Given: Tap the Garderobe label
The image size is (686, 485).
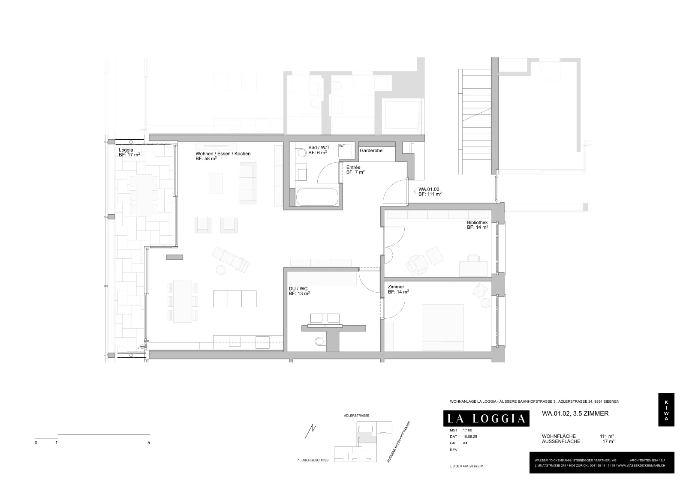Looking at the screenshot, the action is pyautogui.click(x=371, y=150).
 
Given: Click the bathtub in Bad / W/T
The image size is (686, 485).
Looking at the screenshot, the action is pyautogui.click(x=317, y=197).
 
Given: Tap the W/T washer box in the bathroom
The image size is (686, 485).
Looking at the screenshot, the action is pyautogui.click(x=345, y=150).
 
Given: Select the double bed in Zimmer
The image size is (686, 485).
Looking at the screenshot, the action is pyautogui.click(x=442, y=327).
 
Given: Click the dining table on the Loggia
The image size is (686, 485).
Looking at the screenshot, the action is pyautogui.click(x=144, y=195).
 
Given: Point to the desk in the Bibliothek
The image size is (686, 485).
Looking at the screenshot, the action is pyautogui.click(x=473, y=268).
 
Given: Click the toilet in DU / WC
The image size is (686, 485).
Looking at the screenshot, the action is pyautogui.click(x=320, y=341).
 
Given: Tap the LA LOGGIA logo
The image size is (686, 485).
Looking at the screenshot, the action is pyautogui.click(x=486, y=418).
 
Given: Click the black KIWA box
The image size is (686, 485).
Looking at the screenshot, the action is pyautogui.click(x=666, y=410).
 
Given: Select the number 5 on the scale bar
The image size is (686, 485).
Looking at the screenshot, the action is pyautogui.click(x=149, y=443).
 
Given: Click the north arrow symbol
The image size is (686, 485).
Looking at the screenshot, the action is pyautogui.click(x=310, y=431).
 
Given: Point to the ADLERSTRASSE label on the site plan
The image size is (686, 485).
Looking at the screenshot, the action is pyautogui.click(x=356, y=416).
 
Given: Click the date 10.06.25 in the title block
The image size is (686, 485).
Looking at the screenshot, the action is pyautogui.click(x=470, y=437).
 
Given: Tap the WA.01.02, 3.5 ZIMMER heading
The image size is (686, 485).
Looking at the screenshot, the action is pyautogui.click(x=575, y=413).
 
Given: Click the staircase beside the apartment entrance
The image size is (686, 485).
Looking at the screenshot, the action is pyautogui.click(x=475, y=122).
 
